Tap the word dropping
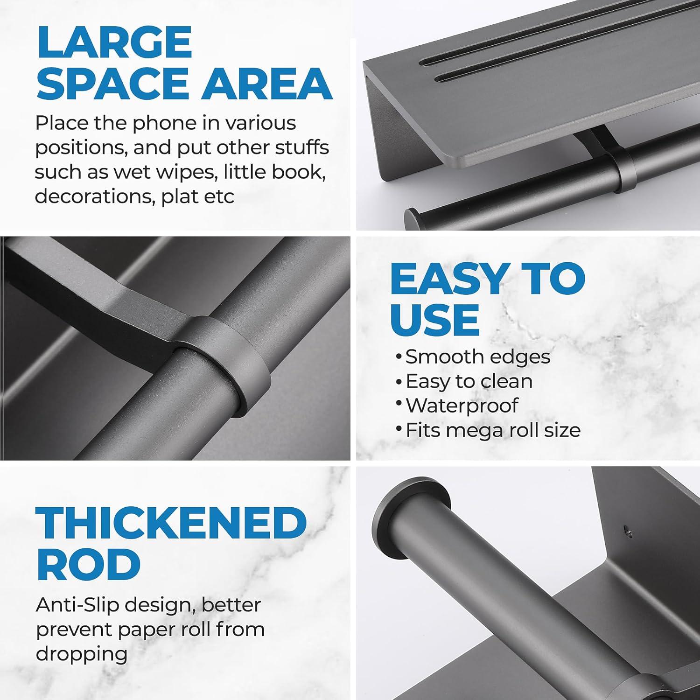pos(82,654)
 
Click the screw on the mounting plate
pos(628,530)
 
